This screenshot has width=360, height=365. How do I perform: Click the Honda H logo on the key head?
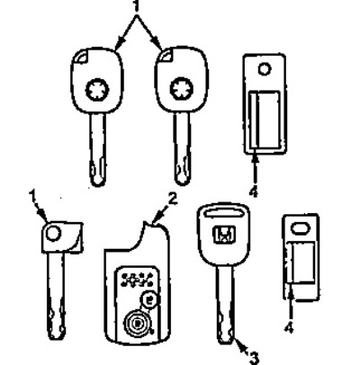[224, 235]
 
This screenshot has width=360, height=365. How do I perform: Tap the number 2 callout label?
[173, 200]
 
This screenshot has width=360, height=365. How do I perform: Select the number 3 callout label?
[254, 357]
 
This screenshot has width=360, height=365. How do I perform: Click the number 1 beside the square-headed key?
[32, 196]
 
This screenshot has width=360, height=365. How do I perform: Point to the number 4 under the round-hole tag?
[254, 191]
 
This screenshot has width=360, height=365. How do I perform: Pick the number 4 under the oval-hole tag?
[289, 327]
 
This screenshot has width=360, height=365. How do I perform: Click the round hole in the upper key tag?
[265, 69]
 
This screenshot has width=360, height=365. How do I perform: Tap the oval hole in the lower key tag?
[300, 228]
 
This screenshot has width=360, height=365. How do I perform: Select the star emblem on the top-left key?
[97, 90]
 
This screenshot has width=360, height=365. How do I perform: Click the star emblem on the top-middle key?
[182, 89]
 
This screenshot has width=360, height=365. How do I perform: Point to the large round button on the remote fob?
[137, 324]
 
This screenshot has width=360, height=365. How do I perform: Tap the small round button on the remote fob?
[149, 299]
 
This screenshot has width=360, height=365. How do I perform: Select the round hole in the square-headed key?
[53, 234]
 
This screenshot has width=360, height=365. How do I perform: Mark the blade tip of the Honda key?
[226, 343]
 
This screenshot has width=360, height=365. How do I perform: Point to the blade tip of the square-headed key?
[56, 338]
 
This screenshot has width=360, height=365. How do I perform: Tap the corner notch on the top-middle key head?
[166, 56]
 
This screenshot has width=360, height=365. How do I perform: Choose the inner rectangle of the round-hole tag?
[265, 120]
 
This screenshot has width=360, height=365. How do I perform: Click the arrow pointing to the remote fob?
[160, 216]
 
